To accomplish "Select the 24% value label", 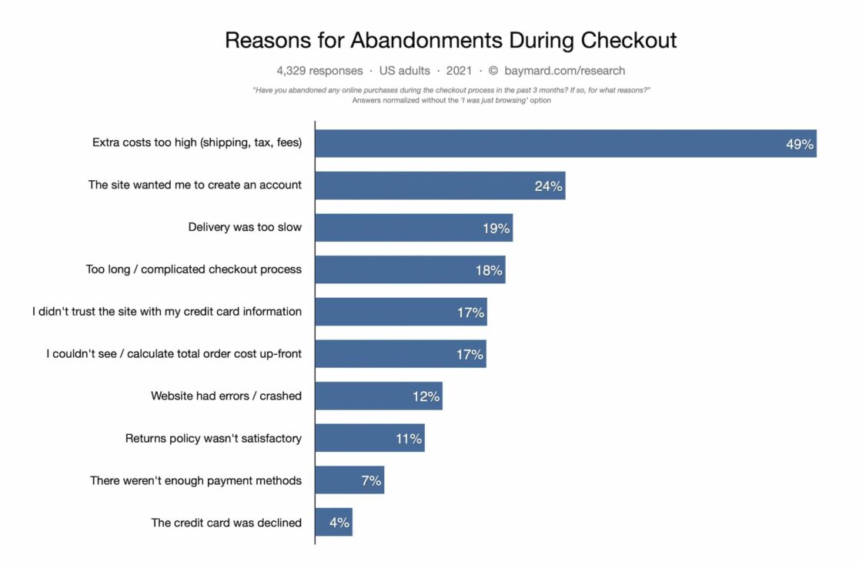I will pyautogui.click(x=548, y=186).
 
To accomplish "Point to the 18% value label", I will pyautogui.click(x=489, y=270).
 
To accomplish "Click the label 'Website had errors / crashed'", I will pyautogui.click(x=226, y=396).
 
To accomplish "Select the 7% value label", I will pyautogui.click(x=371, y=480).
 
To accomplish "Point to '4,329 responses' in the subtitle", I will pyautogui.click(x=319, y=71).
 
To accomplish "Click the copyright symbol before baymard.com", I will pyautogui.click(x=493, y=71).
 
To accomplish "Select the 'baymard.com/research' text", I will pyautogui.click(x=565, y=71).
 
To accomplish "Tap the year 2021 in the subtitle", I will pyautogui.click(x=459, y=71).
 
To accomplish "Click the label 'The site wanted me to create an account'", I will pyautogui.click(x=195, y=185).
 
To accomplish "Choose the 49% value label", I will pyautogui.click(x=799, y=144).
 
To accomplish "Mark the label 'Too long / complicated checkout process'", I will pyautogui.click(x=194, y=269).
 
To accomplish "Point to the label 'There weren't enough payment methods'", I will pyautogui.click(x=196, y=480).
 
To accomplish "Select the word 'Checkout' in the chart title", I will pyautogui.click(x=629, y=40).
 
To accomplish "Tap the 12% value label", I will pyautogui.click(x=426, y=396).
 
